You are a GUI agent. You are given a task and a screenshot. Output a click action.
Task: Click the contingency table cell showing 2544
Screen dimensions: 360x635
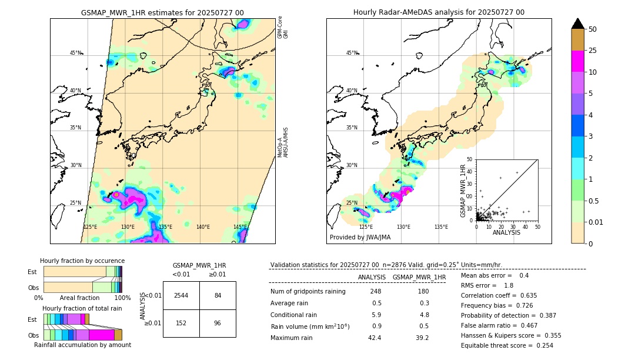point(181,295)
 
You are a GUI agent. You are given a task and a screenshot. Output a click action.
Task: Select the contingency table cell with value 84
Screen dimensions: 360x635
point(218,295)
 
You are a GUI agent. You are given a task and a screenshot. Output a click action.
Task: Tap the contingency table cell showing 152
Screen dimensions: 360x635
point(181,323)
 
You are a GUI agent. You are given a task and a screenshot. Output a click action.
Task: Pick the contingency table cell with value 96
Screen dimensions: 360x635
point(218,323)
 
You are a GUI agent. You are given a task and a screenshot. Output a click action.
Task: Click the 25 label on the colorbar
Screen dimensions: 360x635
point(593,51)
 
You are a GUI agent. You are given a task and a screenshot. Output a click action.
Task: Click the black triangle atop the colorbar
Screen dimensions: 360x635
point(577,24)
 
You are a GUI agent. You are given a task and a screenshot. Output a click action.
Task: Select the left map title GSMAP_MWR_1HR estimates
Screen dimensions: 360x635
point(162,12)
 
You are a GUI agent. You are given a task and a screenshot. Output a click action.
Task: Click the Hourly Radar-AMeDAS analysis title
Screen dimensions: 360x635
point(439,12)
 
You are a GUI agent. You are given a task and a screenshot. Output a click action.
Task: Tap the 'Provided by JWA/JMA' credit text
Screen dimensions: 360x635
point(360,238)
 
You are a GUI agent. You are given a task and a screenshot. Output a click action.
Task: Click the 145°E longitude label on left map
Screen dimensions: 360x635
point(240,227)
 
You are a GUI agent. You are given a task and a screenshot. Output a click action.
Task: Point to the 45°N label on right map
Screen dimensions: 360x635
point(352,53)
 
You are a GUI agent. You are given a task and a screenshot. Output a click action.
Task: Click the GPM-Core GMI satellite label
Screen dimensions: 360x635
point(283,28)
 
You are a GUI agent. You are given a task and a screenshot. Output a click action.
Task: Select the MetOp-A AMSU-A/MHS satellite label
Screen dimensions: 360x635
point(283,142)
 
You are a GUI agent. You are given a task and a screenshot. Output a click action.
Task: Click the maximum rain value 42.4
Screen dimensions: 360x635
point(375,338)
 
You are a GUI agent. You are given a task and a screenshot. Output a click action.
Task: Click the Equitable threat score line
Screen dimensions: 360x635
point(507,345)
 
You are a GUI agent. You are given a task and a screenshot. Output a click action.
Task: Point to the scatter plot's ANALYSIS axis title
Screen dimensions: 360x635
point(506,232)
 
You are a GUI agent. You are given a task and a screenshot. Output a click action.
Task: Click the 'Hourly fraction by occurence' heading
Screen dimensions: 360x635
point(82,261)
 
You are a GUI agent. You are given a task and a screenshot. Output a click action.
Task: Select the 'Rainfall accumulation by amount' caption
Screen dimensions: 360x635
point(82,345)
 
